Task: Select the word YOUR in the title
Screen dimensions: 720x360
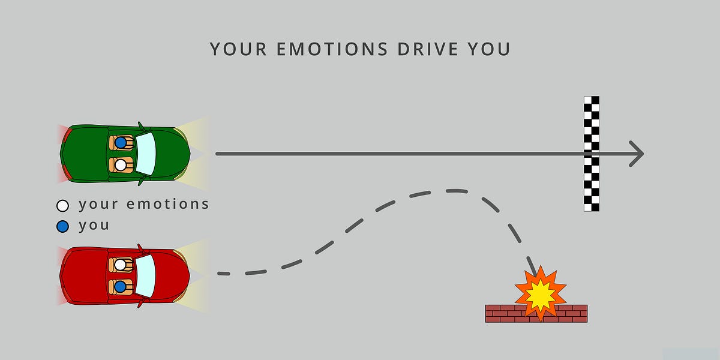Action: pos(237,49)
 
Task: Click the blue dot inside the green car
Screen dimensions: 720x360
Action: pos(121,143)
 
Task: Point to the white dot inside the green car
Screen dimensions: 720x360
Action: pos(121,164)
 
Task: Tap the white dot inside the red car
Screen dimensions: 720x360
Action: pos(121,264)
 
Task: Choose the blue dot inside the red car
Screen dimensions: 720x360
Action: pos(121,286)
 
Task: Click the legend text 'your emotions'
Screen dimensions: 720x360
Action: pos(144,205)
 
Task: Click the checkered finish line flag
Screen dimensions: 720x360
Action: pos(592,154)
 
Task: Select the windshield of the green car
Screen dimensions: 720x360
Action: pos(146,153)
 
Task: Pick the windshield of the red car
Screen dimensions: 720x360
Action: pos(146,275)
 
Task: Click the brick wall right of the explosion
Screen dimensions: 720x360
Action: pos(575,313)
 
